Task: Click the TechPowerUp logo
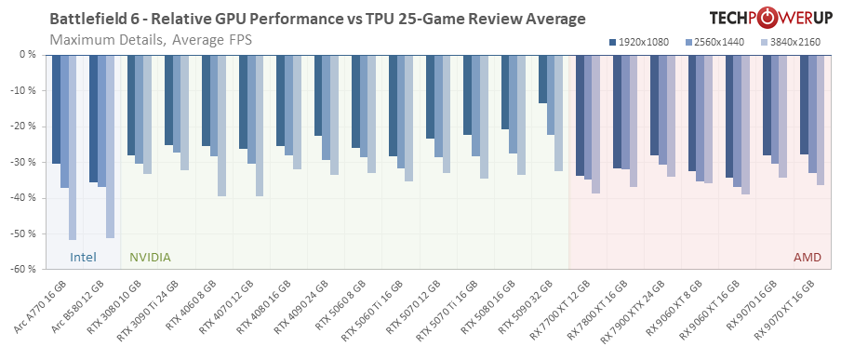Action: click(x=762, y=19)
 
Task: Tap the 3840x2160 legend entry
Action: click(x=789, y=42)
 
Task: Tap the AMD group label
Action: click(x=807, y=257)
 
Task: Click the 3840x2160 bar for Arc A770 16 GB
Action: click(x=73, y=147)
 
